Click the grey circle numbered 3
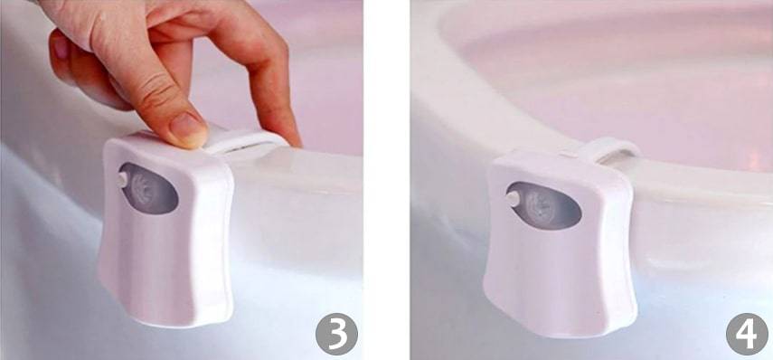(x=336, y=334)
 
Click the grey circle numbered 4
(x=747, y=334)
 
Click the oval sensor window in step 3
(x=148, y=188)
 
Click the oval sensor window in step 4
(x=543, y=205)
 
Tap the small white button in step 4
(x=513, y=199)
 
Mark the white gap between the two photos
(x=387, y=180)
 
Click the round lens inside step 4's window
(x=543, y=204)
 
